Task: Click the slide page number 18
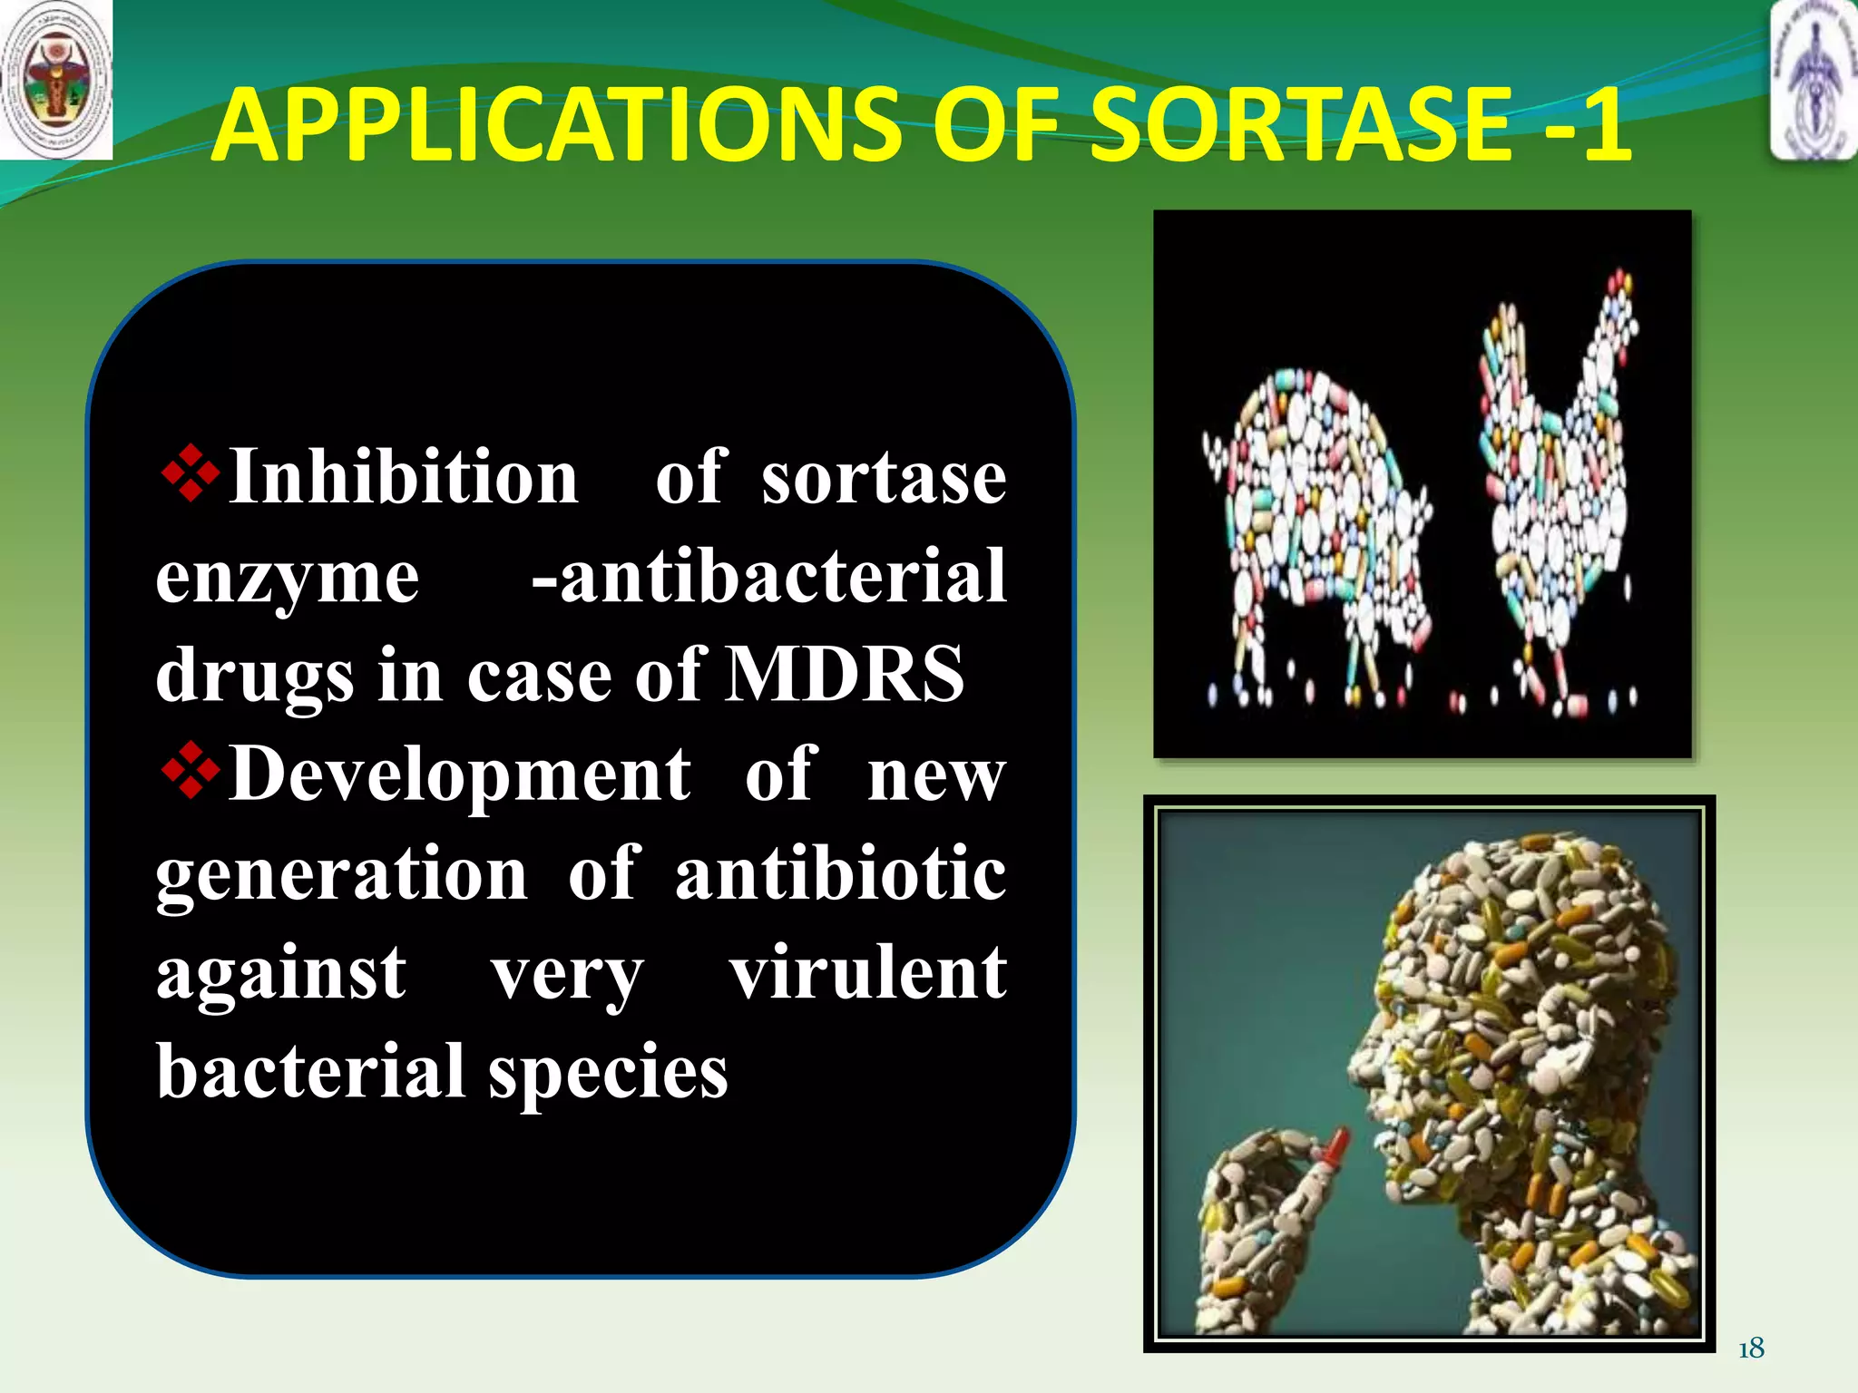tap(1751, 1349)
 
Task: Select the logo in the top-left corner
tap(56, 80)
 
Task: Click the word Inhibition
tap(404, 477)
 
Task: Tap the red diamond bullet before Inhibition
tap(190, 472)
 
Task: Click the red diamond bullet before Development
tap(190, 770)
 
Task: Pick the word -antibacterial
tap(769, 576)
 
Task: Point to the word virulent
tap(868, 972)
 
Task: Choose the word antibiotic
tap(840, 873)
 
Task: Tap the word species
tap(608, 1073)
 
